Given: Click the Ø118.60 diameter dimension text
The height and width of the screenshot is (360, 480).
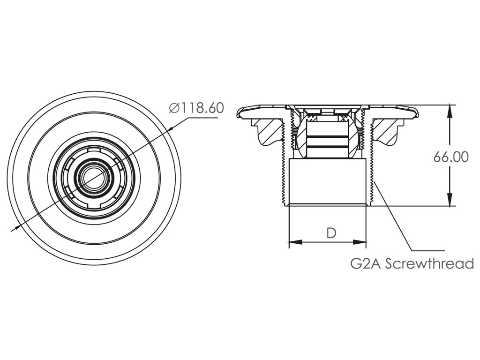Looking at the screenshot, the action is (x=196, y=108).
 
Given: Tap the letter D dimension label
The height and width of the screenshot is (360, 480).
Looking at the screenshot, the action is (x=331, y=232).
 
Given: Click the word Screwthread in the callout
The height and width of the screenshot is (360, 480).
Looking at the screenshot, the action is (x=429, y=263).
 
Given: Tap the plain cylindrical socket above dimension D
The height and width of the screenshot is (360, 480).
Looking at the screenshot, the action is (x=328, y=181).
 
